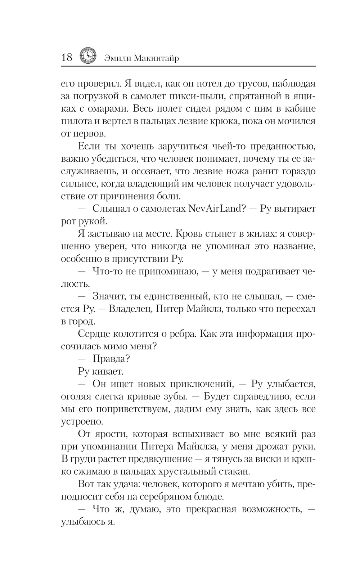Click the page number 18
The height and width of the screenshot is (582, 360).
(67, 57)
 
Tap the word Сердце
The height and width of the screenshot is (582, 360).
(93, 334)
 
